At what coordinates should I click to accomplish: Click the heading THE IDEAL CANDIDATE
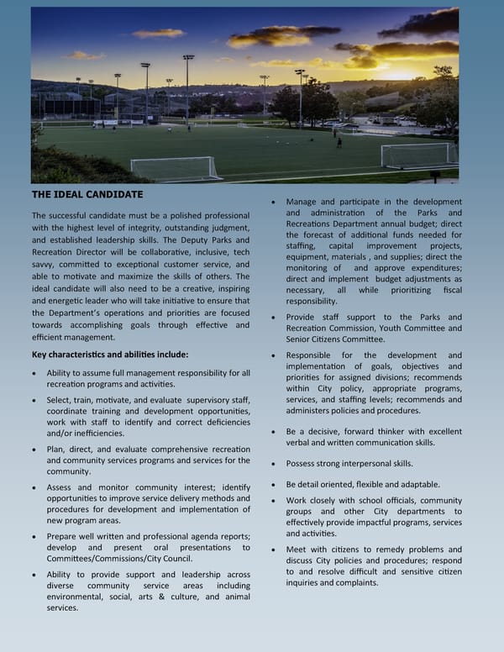click(x=87, y=194)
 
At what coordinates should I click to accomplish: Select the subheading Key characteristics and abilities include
click(x=110, y=354)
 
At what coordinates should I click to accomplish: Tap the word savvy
click(x=45, y=265)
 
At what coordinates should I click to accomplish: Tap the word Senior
click(x=302, y=339)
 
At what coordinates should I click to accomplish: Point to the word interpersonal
click(x=365, y=463)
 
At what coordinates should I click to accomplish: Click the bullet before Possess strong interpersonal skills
click(x=276, y=464)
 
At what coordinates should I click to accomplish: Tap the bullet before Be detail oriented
click(x=276, y=485)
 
